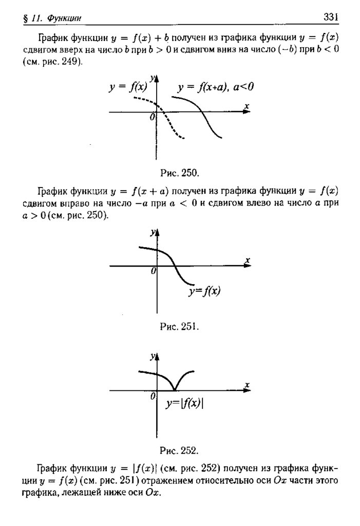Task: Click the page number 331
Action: click(x=331, y=17)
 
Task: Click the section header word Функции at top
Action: click(x=64, y=19)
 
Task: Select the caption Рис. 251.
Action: click(x=179, y=326)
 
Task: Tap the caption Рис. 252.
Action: click(x=179, y=450)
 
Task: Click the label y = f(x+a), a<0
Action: click(x=216, y=87)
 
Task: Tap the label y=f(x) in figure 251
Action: click(x=204, y=292)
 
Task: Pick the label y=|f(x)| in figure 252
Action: click(x=184, y=404)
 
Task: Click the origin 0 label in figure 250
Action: click(x=152, y=118)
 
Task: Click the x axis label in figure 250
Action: click(x=247, y=106)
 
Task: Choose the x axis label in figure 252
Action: click(x=247, y=384)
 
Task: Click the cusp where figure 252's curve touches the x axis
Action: click(x=175, y=390)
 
